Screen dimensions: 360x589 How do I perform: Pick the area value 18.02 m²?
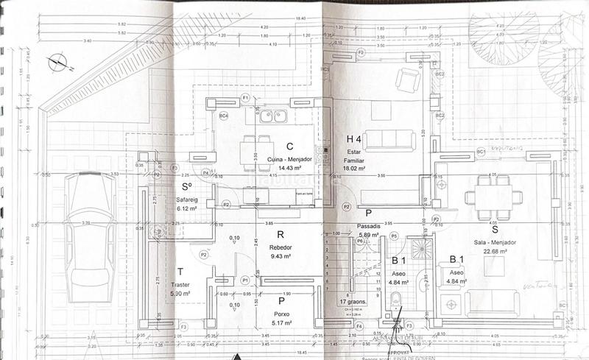[x=354, y=169]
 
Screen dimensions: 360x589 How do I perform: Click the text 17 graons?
[x=354, y=301]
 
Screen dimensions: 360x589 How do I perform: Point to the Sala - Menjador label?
[x=491, y=241]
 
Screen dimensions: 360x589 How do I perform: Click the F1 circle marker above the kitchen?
[x=244, y=97]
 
